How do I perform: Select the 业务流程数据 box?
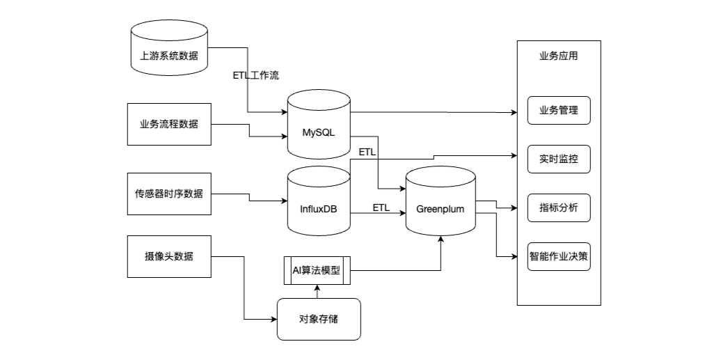pyautogui.click(x=169, y=124)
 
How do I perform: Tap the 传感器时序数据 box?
pyautogui.click(x=169, y=194)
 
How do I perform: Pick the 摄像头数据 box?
pyautogui.click(x=169, y=256)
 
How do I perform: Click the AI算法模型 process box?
pyautogui.click(x=317, y=270)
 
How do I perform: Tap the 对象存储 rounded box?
pyautogui.click(x=319, y=319)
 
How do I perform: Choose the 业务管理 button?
pyautogui.click(x=559, y=110)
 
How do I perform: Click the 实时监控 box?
pyautogui.click(x=559, y=159)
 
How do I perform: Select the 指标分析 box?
pyautogui.click(x=559, y=208)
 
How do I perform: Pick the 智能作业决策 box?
pyautogui.click(x=559, y=256)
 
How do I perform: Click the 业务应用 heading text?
pyautogui.click(x=558, y=56)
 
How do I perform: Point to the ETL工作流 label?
pyautogui.click(x=256, y=75)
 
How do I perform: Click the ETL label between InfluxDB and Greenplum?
pyautogui.click(x=381, y=208)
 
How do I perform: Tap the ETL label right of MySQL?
pyautogui.click(x=367, y=151)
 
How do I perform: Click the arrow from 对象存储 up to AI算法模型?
pyautogui.click(x=317, y=291)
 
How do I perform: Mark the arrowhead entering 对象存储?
pyautogui.click(x=273, y=320)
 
